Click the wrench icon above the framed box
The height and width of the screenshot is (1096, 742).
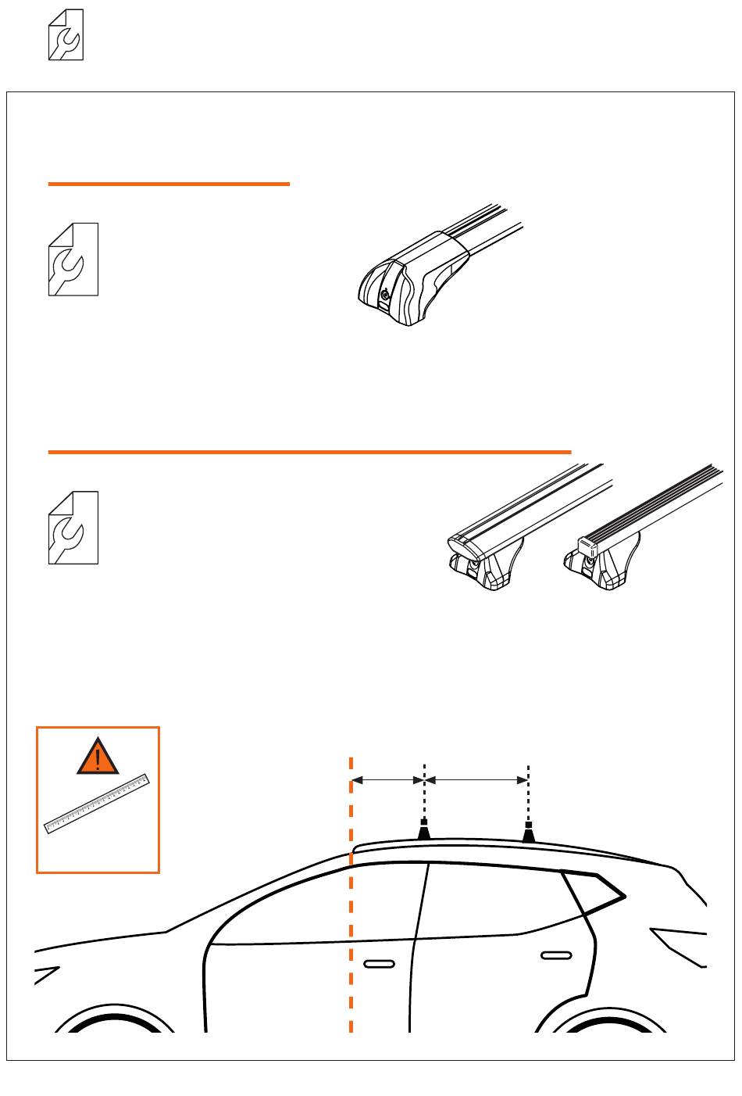tap(66, 35)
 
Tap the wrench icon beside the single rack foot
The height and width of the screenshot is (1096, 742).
tap(73, 260)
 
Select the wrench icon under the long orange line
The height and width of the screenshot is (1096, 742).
tap(73, 528)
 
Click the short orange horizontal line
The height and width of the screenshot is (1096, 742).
tap(169, 184)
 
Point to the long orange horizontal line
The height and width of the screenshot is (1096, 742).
tap(309, 452)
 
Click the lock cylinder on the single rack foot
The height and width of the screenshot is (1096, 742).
tap(385, 295)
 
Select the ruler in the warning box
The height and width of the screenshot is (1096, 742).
tap(97, 804)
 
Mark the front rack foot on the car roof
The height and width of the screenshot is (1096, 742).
tap(424, 830)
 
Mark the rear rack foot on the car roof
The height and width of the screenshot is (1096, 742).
tap(529, 833)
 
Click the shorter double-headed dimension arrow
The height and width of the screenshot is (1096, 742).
tap(387, 779)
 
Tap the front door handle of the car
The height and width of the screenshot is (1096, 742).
tap(379, 964)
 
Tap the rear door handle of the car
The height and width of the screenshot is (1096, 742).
tap(556, 955)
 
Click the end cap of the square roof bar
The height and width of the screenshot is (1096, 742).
tap(587, 545)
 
